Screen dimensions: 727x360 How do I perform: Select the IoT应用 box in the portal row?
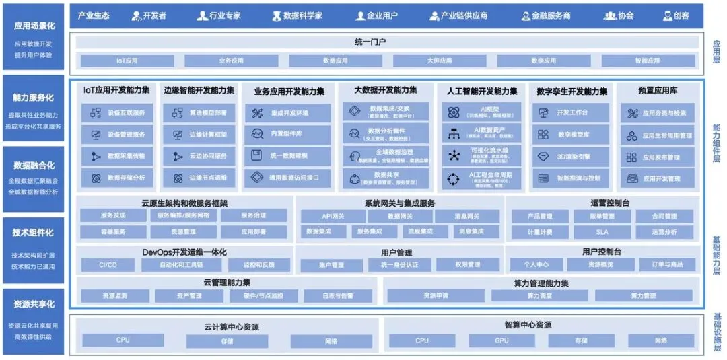tap(127, 61)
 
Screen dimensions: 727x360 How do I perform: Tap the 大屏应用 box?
tap(440, 61)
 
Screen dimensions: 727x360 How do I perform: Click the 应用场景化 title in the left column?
tap(34, 26)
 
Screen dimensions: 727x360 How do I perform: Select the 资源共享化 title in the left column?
tap(34, 305)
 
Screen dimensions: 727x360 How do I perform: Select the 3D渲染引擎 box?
tap(570, 157)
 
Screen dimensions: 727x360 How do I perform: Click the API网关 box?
tap(332, 216)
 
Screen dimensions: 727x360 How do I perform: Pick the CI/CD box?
tap(108, 265)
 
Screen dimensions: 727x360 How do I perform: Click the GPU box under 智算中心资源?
tap(501, 340)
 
